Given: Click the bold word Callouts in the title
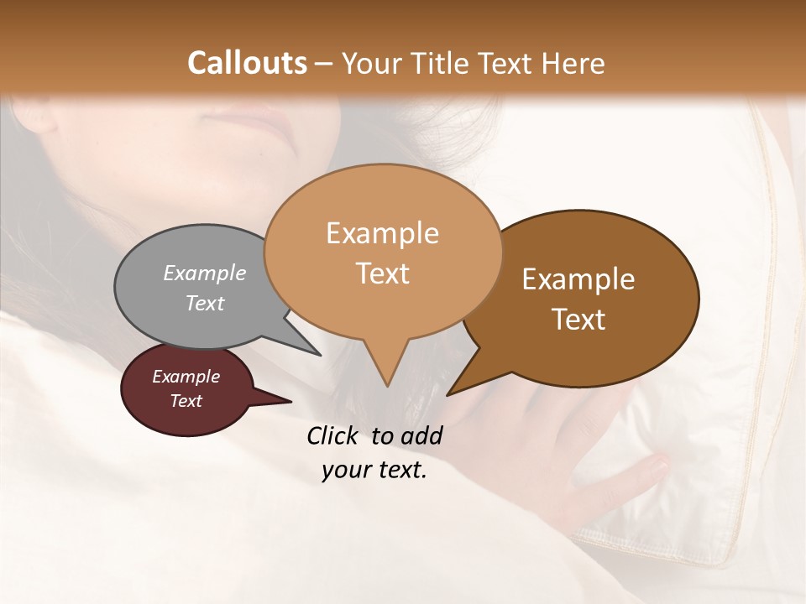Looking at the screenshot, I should (x=247, y=63).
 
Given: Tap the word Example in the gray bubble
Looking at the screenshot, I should (x=205, y=273).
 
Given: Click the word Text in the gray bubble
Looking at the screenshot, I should (x=205, y=303).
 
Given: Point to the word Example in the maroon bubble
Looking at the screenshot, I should (x=186, y=377).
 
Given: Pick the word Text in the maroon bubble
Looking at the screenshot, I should (x=186, y=401).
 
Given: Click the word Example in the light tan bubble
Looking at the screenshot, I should (x=382, y=233).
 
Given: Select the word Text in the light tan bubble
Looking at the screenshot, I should (x=382, y=273).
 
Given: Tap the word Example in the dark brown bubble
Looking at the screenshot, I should (x=578, y=279).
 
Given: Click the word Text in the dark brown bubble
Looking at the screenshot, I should (x=578, y=320).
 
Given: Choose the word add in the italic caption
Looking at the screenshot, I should (x=421, y=435).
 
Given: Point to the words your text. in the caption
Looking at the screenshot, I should (x=374, y=471).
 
